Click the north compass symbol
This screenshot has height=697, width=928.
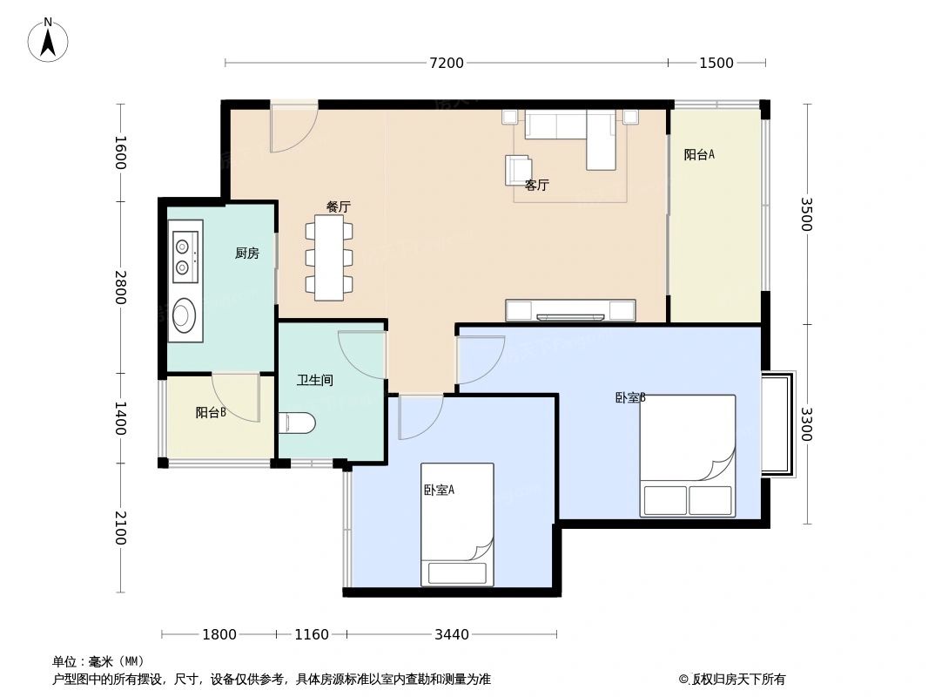coord(48,39)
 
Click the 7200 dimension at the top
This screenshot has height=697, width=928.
coord(446,63)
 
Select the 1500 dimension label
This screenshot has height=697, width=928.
coord(716,63)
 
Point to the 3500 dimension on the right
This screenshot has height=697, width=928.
coord(805,214)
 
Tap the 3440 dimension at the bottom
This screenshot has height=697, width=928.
coord(451,634)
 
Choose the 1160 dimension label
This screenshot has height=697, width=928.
coord(311,634)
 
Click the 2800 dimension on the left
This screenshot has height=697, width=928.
coord(119,288)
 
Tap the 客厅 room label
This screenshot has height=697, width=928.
coord(537,186)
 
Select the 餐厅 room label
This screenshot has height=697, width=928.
coord(338,206)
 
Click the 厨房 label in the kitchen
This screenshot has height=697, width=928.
coord(246,254)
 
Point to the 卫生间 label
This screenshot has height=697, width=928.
coord(314,381)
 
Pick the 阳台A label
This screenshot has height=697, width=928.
coord(699,155)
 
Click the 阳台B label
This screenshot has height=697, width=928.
coord(211,413)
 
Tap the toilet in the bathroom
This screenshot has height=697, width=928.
coord(297,423)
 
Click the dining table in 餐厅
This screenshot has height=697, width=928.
coord(329,258)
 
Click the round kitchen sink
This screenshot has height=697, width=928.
coord(184,315)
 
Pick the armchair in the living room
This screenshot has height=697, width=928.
coord(518,169)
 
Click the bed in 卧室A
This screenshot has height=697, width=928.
coord(457,524)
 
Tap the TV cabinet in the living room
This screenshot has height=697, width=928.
coord(570,310)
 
